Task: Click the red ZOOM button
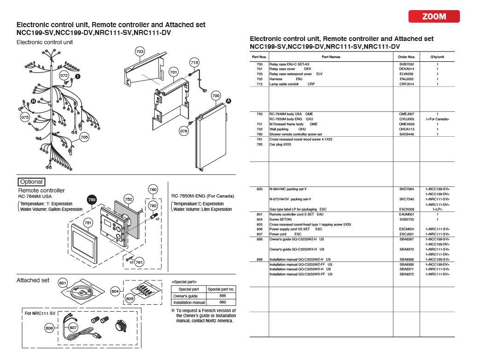coord(434,17)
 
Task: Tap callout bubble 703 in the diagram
coord(140,51)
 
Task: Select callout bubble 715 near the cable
coord(194,62)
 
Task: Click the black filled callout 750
coord(92,199)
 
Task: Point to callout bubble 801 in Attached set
coord(63,283)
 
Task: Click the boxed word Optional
coord(31,182)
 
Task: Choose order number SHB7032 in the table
coord(406,64)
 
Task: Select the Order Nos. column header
coord(406,57)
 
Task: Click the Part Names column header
coord(331,57)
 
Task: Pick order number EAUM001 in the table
coord(406,214)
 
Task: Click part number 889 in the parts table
coord(259,259)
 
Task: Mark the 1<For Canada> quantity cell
coord(437,119)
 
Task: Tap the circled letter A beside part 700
coord(228,101)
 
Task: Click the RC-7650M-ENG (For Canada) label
coord(203,196)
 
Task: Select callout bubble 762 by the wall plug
coord(153,205)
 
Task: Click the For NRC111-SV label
coord(41,313)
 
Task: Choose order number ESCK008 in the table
coord(406,209)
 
